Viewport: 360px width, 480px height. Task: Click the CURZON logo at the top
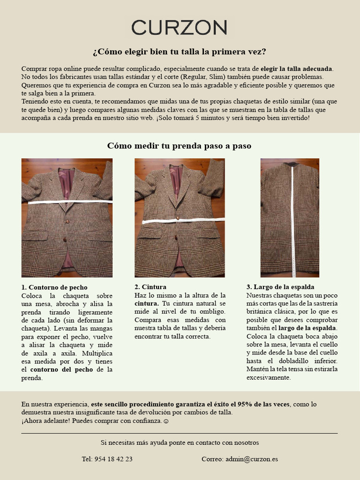click(x=180, y=28)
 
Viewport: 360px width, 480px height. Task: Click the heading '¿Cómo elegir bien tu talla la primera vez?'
click(x=180, y=52)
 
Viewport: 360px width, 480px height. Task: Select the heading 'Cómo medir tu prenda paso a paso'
click(x=180, y=146)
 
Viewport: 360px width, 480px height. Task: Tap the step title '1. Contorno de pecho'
click(x=54, y=287)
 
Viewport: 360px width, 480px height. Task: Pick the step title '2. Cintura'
click(x=150, y=287)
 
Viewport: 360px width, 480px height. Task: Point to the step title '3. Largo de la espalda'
click(x=280, y=287)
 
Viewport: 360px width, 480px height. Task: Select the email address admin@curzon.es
click(x=251, y=459)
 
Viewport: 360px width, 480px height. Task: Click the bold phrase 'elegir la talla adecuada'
click(x=296, y=68)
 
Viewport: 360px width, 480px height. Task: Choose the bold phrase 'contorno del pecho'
click(x=61, y=369)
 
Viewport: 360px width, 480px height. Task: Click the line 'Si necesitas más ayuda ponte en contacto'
click(x=180, y=442)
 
